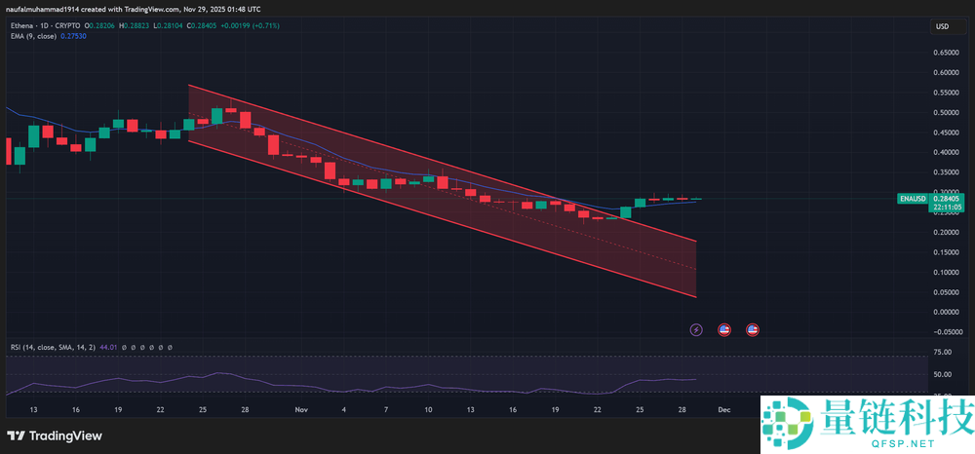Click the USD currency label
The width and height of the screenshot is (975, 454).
943,26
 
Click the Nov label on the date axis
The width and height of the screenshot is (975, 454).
300,410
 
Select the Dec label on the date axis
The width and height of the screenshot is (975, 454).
723,410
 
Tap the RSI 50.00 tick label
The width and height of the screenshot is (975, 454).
943,374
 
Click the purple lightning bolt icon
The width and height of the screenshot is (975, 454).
696,330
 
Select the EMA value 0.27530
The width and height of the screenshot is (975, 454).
73,36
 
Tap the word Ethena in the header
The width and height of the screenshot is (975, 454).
21,25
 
